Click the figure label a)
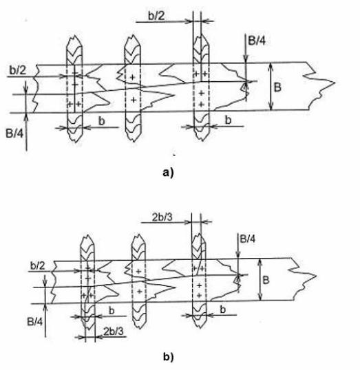click(x=168, y=173)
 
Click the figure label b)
click(x=168, y=356)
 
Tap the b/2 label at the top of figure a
click(x=156, y=16)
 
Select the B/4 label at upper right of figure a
click(x=257, y=41)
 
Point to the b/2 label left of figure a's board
click(x=18, y=70)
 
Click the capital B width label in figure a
click(x=277, y=87)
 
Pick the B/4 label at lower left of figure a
click(x=14, y=133)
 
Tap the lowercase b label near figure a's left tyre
click(x=102, y=121)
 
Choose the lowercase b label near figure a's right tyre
click(x=228, y=120)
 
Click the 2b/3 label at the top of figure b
click(x=162, y=217)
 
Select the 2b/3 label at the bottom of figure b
click(x=114, y=331)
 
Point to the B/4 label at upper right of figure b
click(x=248, y=239)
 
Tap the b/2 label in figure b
click(x=38, y=265)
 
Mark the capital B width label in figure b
click(x=266, y=280)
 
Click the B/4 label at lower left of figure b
click(x=35, y=322)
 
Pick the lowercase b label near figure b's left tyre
click(x=112, y=310)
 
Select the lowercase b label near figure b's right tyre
click(x=223, y=309)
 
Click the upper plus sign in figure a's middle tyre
click(x=133, y=77)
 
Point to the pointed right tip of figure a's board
click(x=335, y=83)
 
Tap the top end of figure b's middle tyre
click(x=139, y=235)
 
